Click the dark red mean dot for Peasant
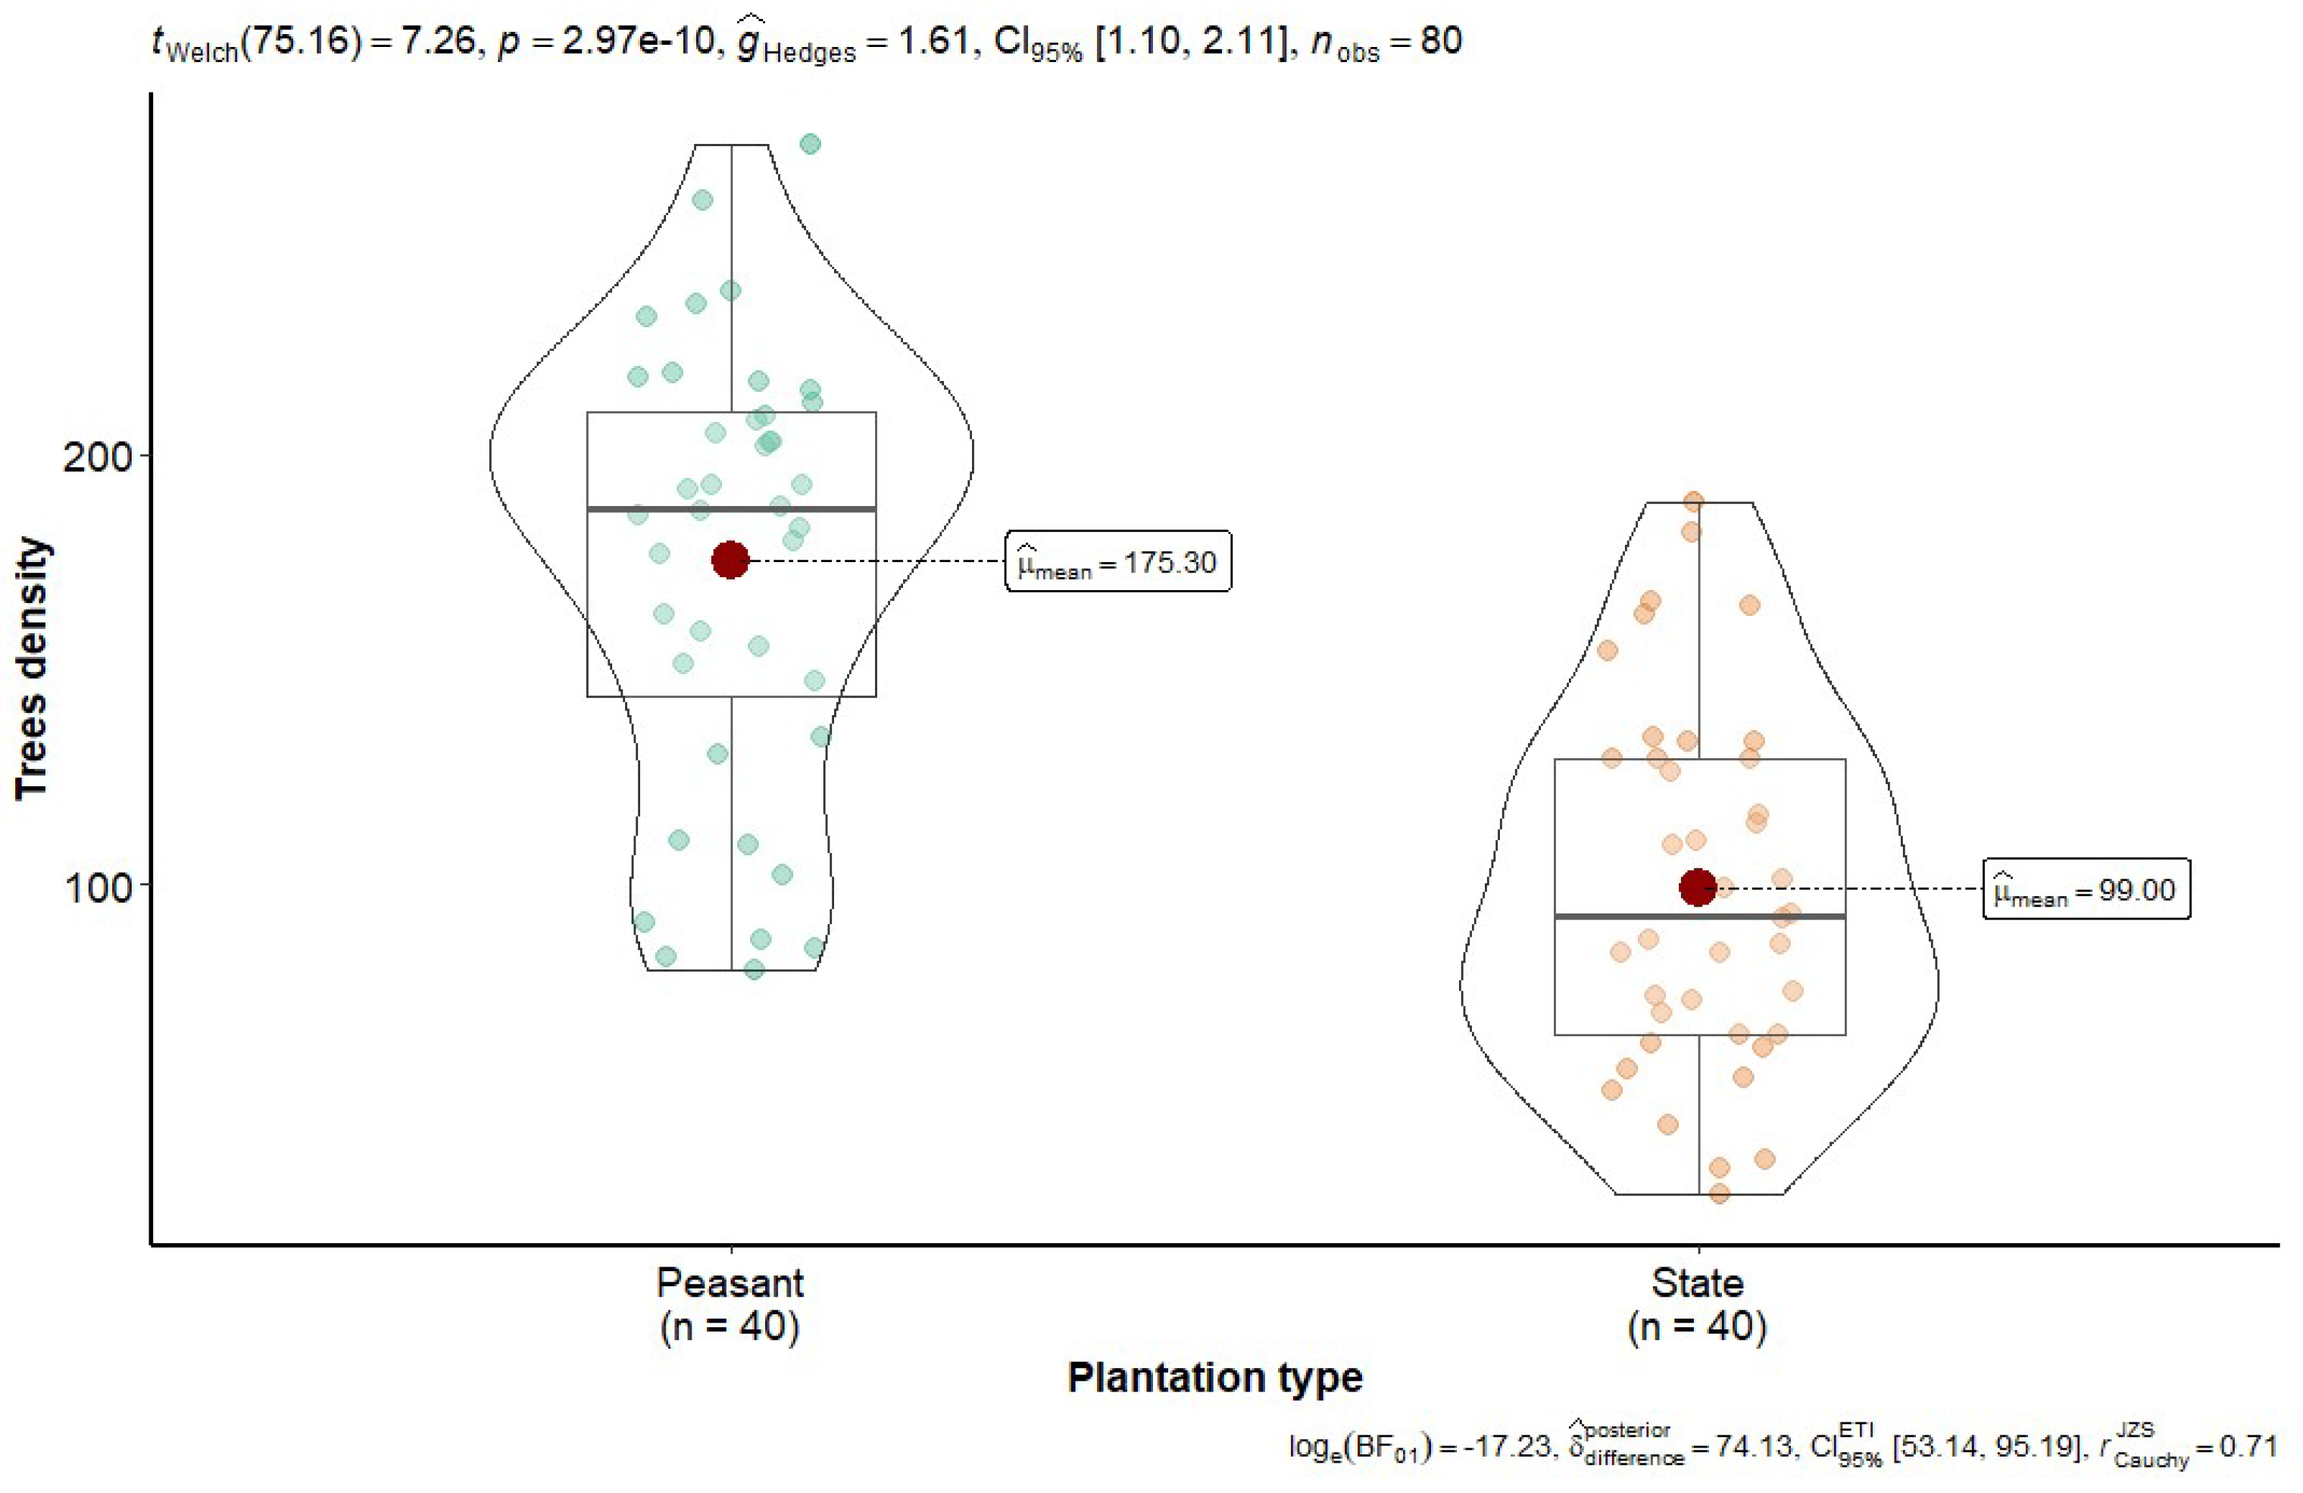click(x=730, y=559)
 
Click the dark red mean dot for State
click(x=1697, y=887)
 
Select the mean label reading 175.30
click(x=1119, y=562)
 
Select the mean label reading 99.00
click(x=2086, y=889)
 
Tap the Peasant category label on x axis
click(x=730, y=1283)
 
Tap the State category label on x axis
click(x=1697, y=1283)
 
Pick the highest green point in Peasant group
click(x=810, y=144)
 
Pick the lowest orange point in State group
click(x=1719, y=1194)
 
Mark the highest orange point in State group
click(x=1693, y=501)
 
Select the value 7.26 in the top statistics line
click(x=439, y=42)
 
